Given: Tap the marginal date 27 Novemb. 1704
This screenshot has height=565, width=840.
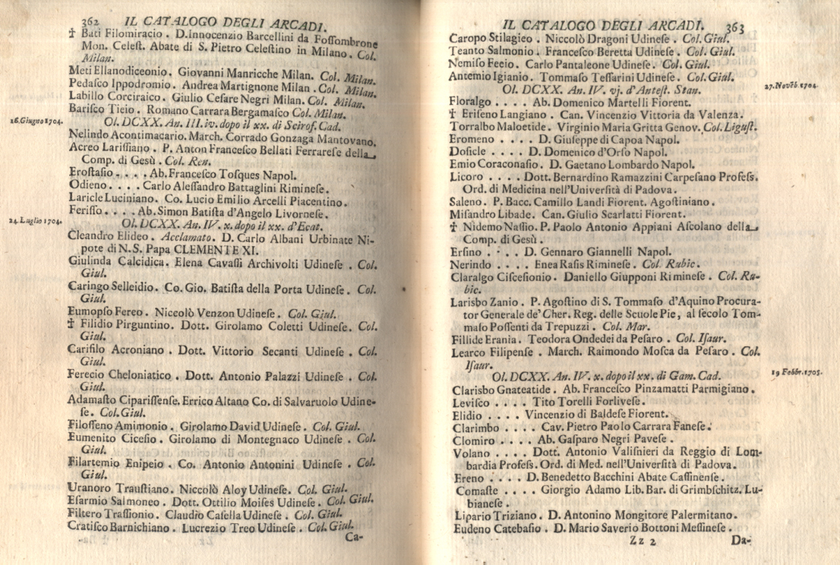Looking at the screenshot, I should pyautogui.click(x=791, y=87).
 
